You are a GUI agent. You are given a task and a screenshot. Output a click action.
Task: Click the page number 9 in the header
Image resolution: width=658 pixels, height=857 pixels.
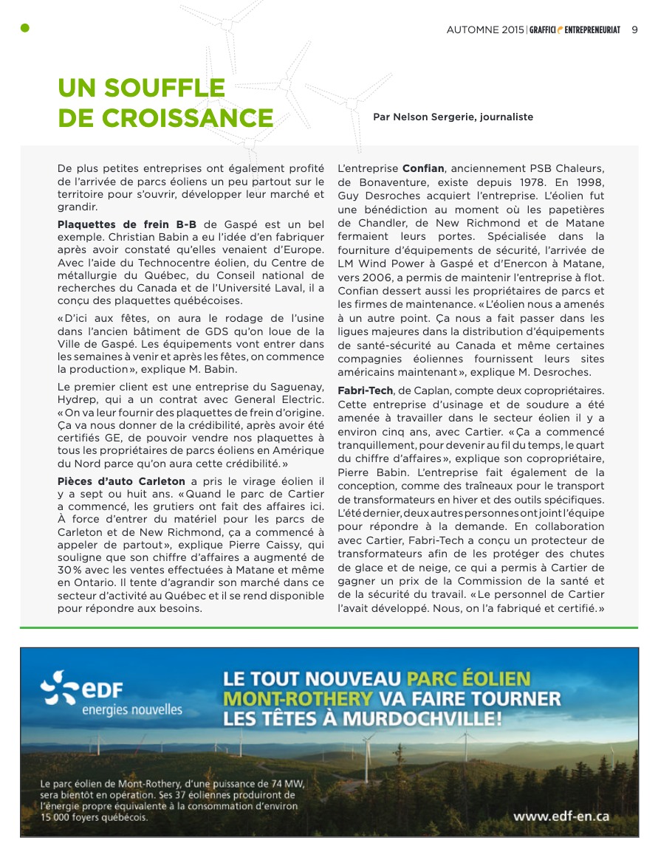pos(634,30)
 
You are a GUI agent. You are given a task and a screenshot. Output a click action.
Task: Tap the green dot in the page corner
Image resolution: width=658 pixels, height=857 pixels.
pos(24,28)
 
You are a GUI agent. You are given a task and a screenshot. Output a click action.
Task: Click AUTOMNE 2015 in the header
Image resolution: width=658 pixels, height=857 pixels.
pos(484,30)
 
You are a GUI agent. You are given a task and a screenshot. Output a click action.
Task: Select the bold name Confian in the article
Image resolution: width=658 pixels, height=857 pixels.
pos(423,169)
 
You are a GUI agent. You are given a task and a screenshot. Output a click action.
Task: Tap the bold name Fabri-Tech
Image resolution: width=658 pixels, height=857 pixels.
pos(365,389)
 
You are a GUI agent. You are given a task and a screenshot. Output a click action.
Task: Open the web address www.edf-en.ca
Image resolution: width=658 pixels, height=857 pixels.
pos(561,816)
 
